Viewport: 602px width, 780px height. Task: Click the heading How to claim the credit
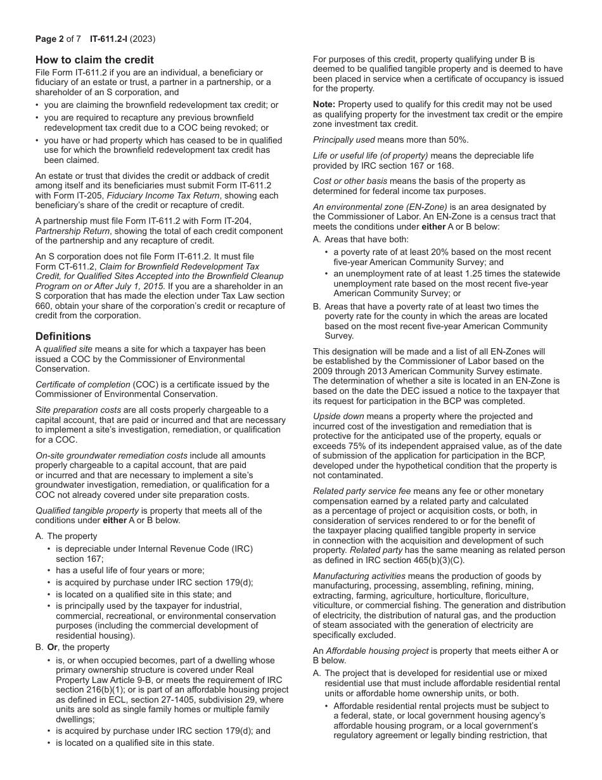click(x=94, y=60)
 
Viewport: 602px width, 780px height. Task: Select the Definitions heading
click(x=63, y=336)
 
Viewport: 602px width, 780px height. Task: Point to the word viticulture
click(x=335, y=606)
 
